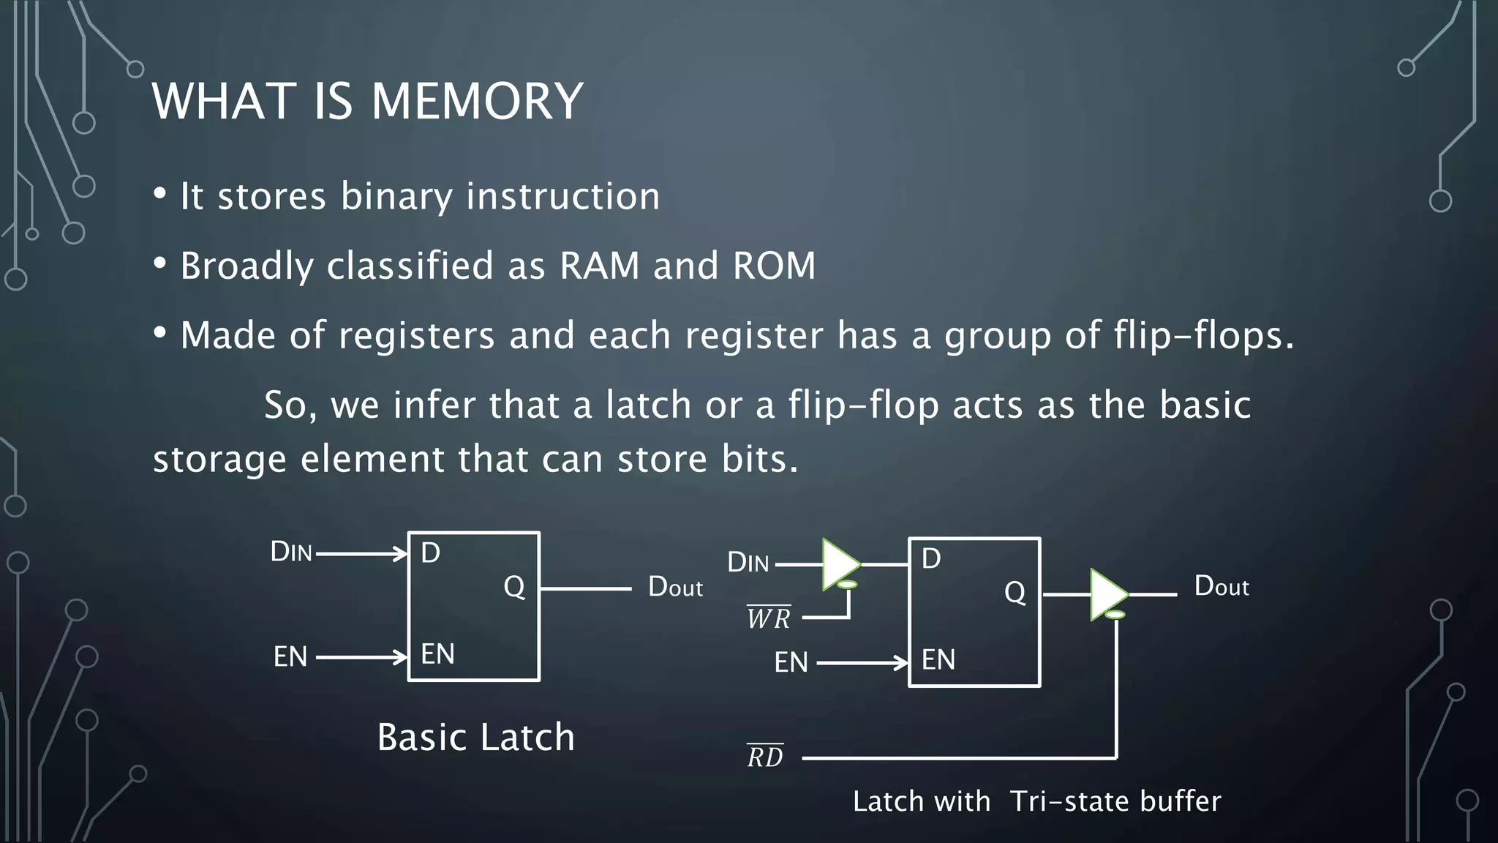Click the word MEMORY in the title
477,101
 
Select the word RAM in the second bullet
599,265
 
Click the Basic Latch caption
475,737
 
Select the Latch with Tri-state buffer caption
1036,801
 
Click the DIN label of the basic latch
291,552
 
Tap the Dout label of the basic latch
674,587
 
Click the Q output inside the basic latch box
514,587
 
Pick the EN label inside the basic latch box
437,654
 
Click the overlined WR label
768,618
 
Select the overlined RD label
765,757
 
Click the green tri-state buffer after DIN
839,564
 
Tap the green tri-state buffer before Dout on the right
1107,594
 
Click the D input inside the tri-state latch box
930,560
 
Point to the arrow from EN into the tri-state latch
863,663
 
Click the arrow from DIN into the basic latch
361,554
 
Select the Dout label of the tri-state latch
1221,586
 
